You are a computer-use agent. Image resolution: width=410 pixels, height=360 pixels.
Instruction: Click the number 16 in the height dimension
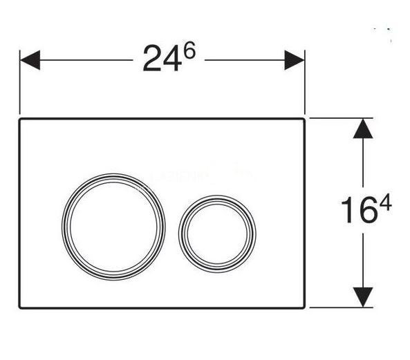[x=351, y=209]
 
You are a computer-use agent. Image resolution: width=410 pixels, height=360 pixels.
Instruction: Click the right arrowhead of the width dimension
[x=297, y=60]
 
